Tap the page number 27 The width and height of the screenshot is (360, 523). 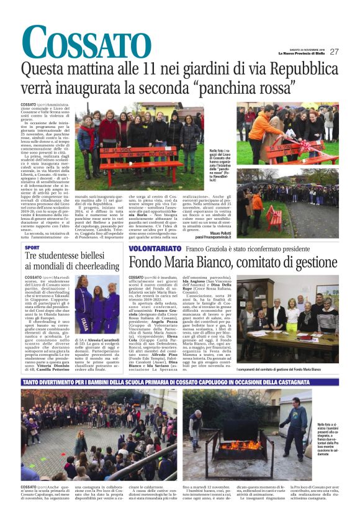(x=334, y=52)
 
